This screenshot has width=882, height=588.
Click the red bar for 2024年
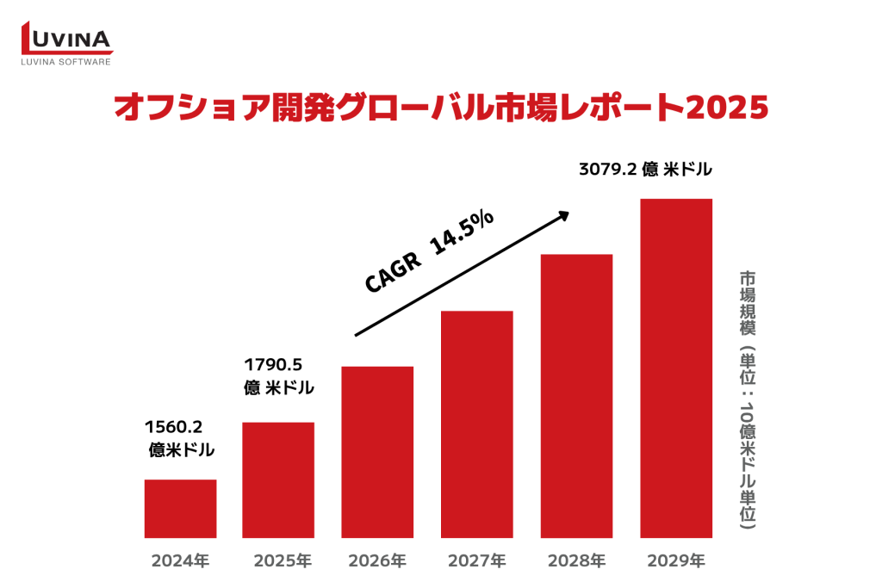(180, 508)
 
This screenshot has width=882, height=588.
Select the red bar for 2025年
(278, 480)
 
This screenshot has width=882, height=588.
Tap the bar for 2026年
(377, 452)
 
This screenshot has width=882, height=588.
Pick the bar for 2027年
(476, 424)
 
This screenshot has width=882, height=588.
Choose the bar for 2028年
(576, 395)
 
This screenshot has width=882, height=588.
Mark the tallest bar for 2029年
(676, 368)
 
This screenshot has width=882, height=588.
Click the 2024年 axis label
(180, 561)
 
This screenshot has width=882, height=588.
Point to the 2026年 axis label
(377, 561)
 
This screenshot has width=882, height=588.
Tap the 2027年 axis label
(476, 561)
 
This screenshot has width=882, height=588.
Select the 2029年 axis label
(676, 561)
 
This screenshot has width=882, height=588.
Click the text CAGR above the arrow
(394, 271)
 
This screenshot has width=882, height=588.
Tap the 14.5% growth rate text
(462, 232)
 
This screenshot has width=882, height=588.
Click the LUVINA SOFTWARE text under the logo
(66, 61)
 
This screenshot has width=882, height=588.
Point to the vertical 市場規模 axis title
(748, 306)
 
